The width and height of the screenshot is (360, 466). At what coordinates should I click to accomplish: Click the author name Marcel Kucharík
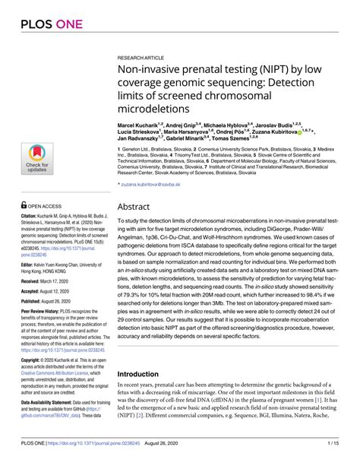[142, 122]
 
